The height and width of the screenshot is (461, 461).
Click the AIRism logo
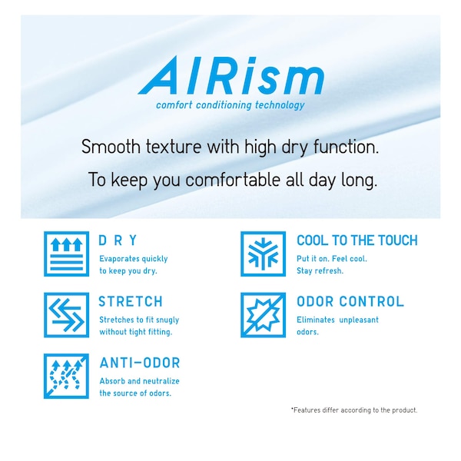(230, 78)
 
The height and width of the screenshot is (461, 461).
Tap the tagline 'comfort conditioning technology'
(230, 105)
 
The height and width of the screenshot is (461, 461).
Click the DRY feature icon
(66, 254)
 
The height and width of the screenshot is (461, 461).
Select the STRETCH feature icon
(66, 315)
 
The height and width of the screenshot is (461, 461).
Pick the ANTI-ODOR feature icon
(66, 376)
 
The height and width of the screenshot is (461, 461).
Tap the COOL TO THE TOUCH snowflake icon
(263, 254)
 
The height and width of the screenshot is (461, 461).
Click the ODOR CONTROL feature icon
(263, 315)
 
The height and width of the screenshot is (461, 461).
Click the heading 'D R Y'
(118, 240)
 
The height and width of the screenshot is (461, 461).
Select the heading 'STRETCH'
(131, 302)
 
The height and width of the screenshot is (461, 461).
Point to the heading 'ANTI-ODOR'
(139, 363)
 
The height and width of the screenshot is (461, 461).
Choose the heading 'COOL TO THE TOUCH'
(357, 240)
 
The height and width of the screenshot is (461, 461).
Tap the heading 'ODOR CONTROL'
(350, 302)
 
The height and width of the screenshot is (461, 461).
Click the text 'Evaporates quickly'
(133, 259)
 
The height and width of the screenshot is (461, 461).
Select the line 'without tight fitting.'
(135, 332)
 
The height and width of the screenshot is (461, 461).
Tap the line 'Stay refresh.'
(320, 271)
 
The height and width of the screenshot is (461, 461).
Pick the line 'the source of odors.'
(135, 393)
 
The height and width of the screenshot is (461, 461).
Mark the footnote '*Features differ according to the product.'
(354, 410)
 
